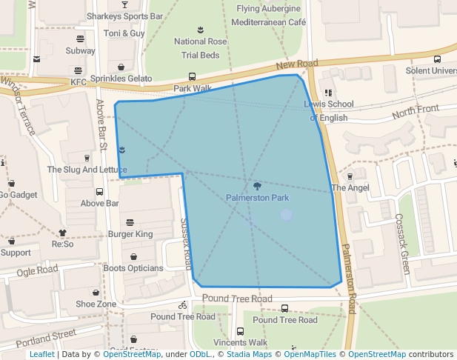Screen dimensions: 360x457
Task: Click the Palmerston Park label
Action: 257,198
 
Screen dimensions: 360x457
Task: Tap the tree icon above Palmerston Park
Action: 257,187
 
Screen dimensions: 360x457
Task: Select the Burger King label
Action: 130,234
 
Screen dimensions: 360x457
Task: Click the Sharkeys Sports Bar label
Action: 124,16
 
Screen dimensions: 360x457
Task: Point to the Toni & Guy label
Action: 124,33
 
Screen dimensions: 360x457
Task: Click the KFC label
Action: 79,82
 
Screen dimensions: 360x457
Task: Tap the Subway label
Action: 80,51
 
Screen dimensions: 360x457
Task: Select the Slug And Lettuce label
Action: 87,170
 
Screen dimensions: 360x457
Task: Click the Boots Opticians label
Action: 133,268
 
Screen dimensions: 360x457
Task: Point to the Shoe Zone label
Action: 96,304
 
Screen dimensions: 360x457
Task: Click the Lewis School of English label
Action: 329,111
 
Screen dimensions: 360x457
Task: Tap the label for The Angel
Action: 350,188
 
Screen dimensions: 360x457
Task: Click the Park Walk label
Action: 193,88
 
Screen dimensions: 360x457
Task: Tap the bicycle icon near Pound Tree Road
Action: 183,305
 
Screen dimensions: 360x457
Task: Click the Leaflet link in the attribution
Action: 42,355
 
